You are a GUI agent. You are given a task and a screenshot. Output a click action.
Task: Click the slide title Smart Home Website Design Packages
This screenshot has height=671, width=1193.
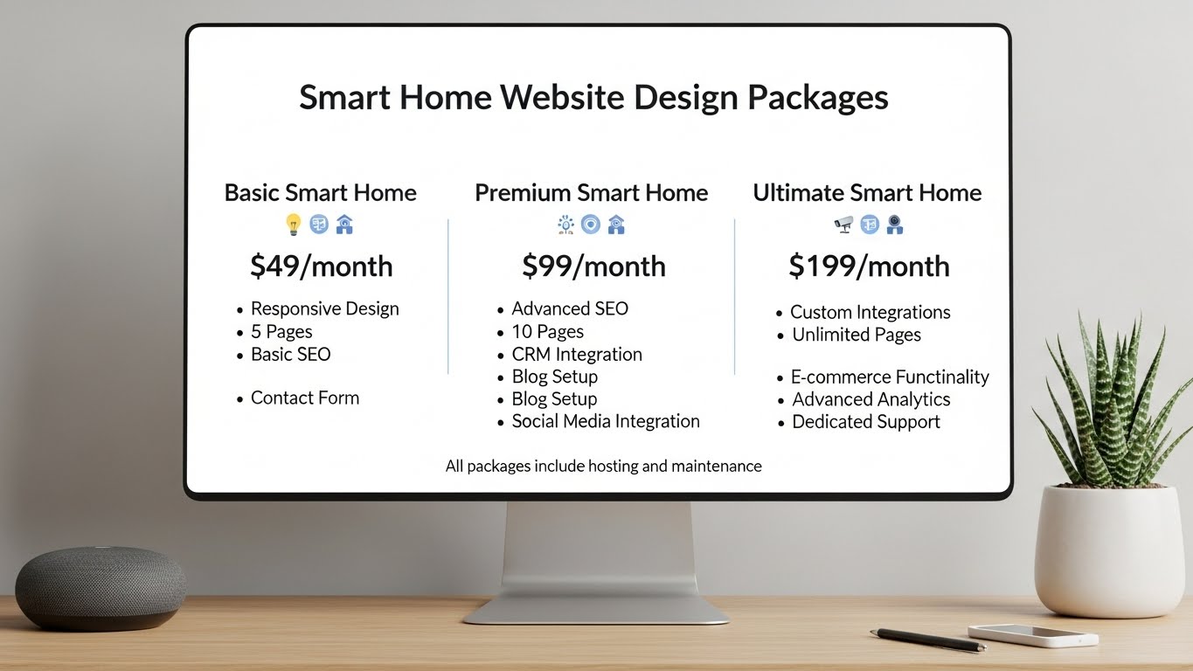tap(593, 98)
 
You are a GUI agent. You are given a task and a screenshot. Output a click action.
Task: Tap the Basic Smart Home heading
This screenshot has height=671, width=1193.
tap(320, 193)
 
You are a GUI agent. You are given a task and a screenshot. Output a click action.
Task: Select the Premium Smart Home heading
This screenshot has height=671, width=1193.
tap(591, 193)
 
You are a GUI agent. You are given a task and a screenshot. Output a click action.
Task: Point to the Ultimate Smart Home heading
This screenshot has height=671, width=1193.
tap(867, 193)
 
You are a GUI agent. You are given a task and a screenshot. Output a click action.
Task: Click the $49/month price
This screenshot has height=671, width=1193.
tap(321, 266)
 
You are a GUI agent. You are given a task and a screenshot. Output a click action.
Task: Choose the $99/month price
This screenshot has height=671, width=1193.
tap(593, 266)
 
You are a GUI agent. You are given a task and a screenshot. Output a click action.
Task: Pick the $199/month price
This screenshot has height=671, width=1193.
tap(868, 266)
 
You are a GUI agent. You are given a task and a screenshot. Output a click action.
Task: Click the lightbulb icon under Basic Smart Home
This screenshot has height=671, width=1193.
tap(294, 225)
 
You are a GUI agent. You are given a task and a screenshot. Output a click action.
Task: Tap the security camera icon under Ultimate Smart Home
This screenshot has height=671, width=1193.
tap(843, 225)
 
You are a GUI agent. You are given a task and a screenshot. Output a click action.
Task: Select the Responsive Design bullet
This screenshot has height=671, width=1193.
tap(324, 309)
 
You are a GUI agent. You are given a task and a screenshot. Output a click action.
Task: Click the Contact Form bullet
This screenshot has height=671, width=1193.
tap(304, 398)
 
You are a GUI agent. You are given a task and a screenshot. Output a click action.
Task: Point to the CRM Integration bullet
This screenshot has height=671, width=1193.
tap(576, 355)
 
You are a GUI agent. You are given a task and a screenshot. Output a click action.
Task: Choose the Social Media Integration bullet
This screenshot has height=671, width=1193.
tap(605, 422)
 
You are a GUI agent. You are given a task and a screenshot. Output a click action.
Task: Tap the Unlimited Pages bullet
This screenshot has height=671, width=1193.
tap(856, 335)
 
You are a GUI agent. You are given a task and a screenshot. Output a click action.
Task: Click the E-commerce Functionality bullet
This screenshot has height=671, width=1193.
tap(889, 377)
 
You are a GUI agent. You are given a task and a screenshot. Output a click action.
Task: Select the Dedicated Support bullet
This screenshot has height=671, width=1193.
tap(865, 422)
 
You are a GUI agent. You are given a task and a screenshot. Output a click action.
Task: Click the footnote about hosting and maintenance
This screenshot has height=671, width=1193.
tap(603, 467)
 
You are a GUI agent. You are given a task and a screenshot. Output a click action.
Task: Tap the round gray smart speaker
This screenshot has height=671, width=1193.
tap(101, 588)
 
